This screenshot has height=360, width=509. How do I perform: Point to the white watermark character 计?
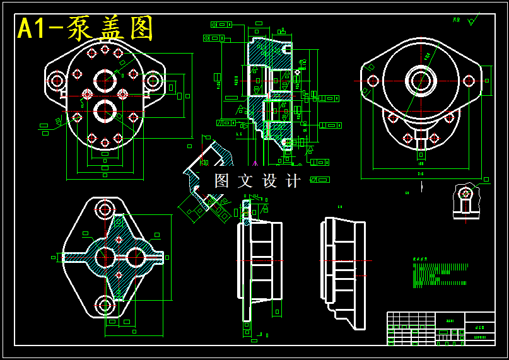pyautogui.click(x=293, y=181)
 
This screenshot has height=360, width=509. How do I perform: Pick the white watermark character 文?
pyautogui.click(x=245, y=181)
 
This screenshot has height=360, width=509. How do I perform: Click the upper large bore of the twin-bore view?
pyautogui.click(x=105, y=81)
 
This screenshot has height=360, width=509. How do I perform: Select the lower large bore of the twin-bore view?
pyautogui.click(x=105, y=111)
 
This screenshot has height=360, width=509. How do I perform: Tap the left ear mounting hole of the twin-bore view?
pyautogui.click(x=57, y=81)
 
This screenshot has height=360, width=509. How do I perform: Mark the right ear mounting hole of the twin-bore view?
pyautogui.click(x=152, y=81)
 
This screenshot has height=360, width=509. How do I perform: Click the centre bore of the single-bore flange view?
pyautogui.click(x=421, y=80)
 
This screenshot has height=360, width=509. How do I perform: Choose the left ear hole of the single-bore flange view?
pyautogui.click(x=373, y=81)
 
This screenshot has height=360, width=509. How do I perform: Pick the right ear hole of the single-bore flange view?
pyautogui.click(x=469, y=81)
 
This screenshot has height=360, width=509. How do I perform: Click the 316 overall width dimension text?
pyautogui.click(x=420, y=173)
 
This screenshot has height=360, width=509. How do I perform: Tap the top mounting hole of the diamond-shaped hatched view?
pyautogui.click(x=105, y=209)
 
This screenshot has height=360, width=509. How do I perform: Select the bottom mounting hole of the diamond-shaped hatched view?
pyautogui.click(x=105, y=306)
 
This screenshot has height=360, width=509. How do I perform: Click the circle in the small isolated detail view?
pyautogui.click(x=465, y=193)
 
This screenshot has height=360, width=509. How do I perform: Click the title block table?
pyautogui.click(x=440, y=328)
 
